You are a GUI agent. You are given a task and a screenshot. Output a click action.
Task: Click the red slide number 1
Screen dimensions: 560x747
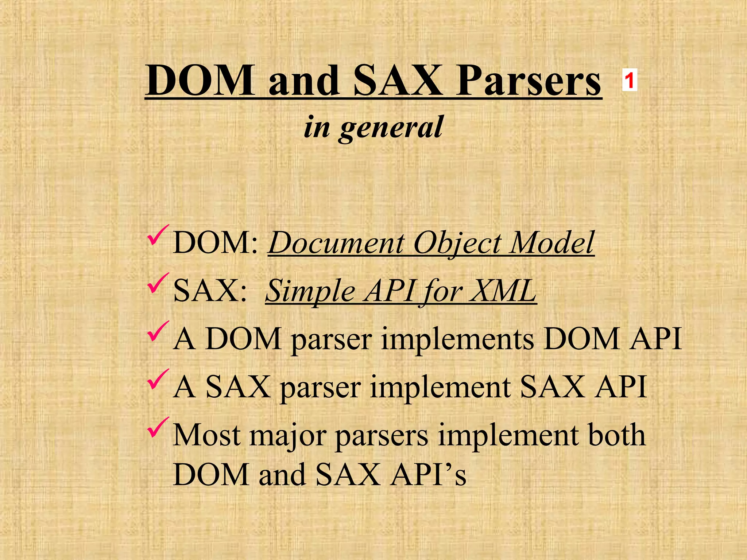[x=629, y=80]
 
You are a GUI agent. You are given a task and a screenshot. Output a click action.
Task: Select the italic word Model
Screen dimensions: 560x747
[x=552, y=243]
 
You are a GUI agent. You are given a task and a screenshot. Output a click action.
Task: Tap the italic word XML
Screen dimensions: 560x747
[x=502, y=291]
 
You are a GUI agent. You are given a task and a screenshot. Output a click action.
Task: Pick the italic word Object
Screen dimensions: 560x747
[x=457, y=243]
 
